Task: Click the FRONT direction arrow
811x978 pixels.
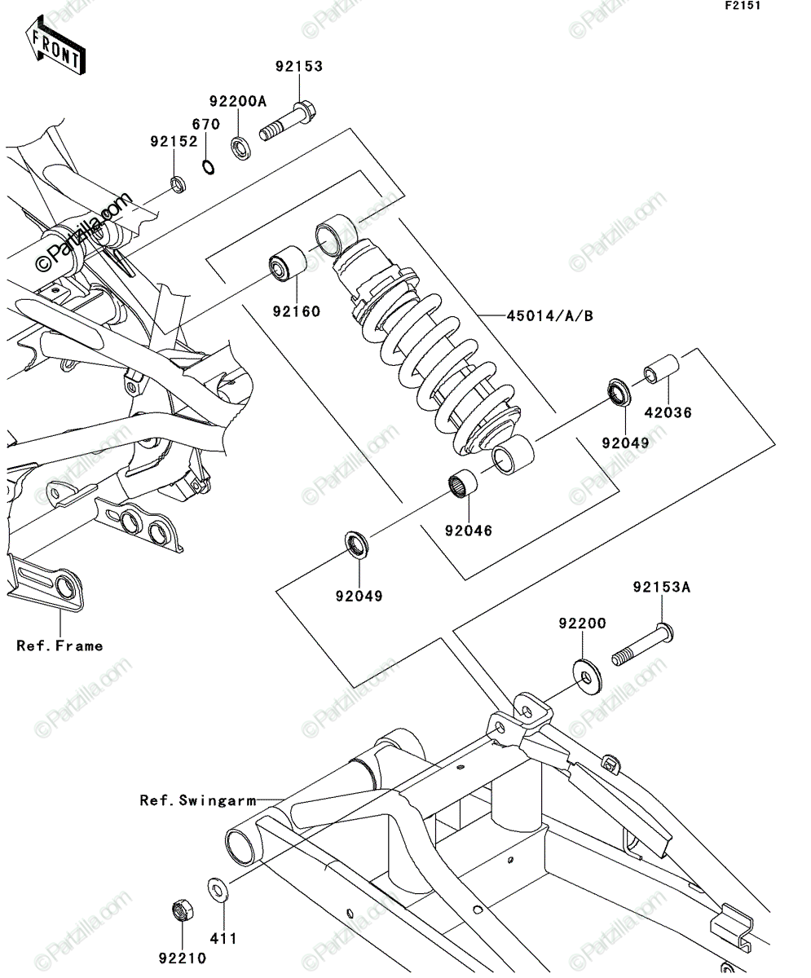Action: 55,45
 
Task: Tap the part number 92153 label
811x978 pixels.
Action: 299,67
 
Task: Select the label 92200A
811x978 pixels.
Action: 237,101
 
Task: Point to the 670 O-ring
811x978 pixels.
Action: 209,167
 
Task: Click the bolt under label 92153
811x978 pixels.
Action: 288,121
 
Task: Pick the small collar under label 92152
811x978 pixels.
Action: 179,183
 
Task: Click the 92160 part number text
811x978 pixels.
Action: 297,311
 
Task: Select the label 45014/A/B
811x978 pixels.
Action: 550,316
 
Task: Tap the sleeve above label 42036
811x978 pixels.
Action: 662,369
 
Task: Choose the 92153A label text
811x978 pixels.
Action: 662,587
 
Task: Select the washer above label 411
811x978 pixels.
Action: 218,888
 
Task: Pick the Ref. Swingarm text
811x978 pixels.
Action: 198,800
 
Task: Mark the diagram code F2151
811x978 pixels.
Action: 743,6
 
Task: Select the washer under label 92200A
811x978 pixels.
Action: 241,148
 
